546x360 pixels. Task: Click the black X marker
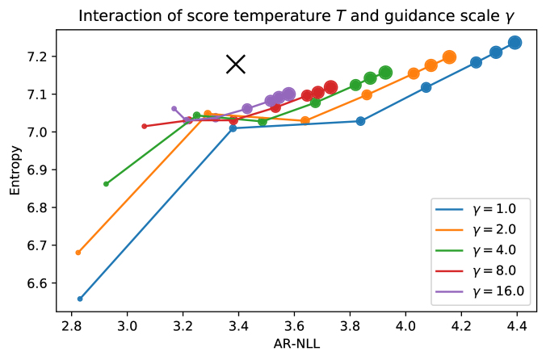235,64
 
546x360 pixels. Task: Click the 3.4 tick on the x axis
239,329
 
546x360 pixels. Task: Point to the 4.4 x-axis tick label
516,329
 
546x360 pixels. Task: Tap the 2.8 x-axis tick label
72,329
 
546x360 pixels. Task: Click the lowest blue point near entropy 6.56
80,299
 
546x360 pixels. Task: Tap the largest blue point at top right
514,43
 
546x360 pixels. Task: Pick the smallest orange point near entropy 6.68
78,253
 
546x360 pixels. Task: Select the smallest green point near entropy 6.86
106,184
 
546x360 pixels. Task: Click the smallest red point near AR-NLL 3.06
145,126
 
